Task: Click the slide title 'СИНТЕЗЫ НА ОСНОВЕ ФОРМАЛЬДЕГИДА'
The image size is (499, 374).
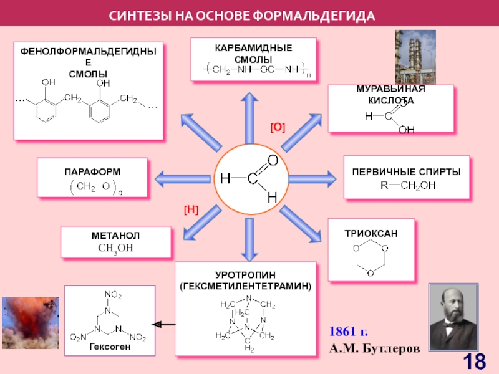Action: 242,16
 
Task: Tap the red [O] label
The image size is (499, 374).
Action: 278,128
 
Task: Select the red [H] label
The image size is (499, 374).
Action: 191,209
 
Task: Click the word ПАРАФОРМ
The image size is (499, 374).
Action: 92,172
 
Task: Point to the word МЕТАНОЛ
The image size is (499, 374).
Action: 115,236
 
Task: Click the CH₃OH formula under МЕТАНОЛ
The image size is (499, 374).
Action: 115,248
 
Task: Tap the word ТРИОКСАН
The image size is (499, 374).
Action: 371,234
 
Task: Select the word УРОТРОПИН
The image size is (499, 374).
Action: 245,275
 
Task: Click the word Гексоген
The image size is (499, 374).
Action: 110,347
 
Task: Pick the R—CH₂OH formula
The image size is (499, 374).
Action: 408,185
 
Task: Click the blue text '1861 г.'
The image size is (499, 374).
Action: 349,332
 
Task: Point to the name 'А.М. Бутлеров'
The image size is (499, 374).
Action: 375,348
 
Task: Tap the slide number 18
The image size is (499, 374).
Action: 474,362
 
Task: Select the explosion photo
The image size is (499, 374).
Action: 31,323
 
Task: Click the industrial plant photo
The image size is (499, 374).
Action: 415,57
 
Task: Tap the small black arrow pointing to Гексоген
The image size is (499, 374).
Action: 163,325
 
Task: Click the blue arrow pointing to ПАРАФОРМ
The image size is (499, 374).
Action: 183,179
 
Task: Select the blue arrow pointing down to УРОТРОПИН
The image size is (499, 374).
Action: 249,240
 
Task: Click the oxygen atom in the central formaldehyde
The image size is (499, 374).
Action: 273,160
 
